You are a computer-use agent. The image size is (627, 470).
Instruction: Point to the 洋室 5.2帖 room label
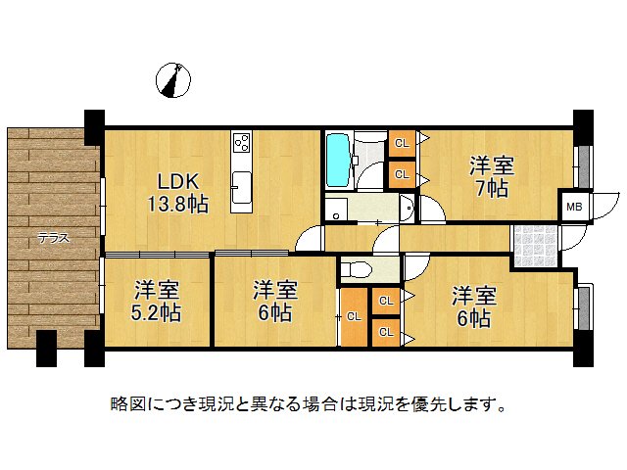click(x=157, y=301)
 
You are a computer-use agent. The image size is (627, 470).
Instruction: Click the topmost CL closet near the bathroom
click(x=401, y=144)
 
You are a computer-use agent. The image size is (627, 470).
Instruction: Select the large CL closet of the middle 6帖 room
click(x=353, y=317)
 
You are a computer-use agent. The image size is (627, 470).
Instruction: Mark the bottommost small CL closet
click(x=385, y=333)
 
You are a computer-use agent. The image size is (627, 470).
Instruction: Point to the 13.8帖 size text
click(x=176, y=205)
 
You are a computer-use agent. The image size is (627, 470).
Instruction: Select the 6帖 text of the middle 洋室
click(x=274, y=313)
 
